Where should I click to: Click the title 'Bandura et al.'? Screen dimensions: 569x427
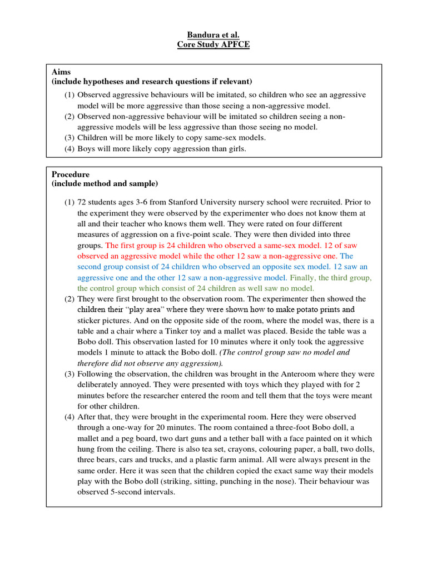click(x=213, y=34)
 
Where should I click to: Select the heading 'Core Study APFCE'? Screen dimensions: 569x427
click(x=213, y=44)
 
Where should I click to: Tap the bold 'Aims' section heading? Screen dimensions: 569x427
click(x=61, y=72)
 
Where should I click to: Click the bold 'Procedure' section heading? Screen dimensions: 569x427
click(x=71, y=174)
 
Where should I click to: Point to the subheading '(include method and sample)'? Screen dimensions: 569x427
click(x=105, y=183)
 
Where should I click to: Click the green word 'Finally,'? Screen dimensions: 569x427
click(x=303, y=277)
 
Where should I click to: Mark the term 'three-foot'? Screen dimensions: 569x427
click(x=280, y=427)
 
